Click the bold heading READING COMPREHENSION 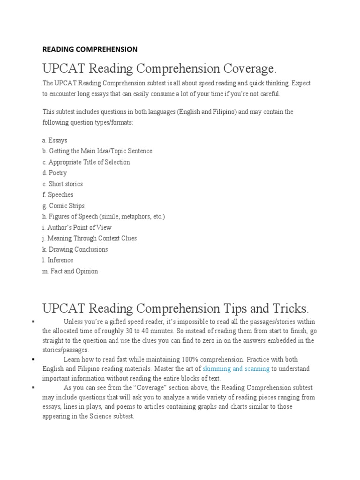(90, 49)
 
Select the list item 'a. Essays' (54, 140)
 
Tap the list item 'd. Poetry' (54, 173)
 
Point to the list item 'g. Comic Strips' (63, 206)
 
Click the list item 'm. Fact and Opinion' (70, 271)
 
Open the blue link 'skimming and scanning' (236, 369)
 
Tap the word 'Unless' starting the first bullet (73, 322)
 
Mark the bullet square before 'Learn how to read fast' (34, 360)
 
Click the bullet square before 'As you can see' (34, 388)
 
